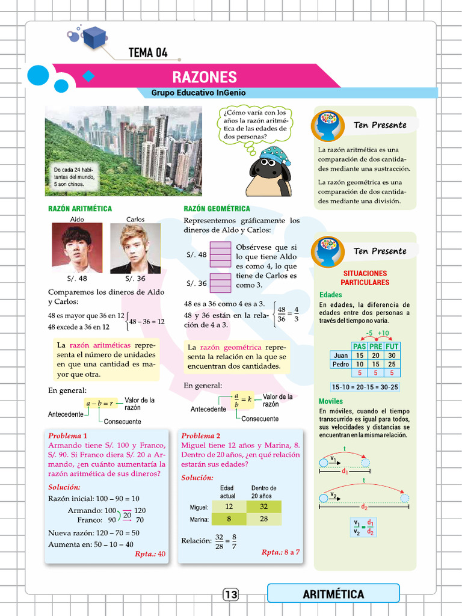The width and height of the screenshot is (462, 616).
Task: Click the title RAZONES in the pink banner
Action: (205, 77)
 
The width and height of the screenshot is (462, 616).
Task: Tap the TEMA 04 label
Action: (148, 53)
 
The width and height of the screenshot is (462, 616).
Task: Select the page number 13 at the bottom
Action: (231, 594)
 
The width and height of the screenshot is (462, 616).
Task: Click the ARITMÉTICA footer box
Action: (333, 594)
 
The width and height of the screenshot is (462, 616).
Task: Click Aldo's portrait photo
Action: (77, 248)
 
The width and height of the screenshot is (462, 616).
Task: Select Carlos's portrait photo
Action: (135, 248)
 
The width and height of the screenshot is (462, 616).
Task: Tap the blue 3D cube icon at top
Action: (94, 38)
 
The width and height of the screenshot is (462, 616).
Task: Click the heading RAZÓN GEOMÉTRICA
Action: (217, 209)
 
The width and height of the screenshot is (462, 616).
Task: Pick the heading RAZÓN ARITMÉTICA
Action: (80, 209)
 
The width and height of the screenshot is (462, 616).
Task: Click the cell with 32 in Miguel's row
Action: (263, 507)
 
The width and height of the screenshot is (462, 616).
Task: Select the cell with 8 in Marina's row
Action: (229, 519)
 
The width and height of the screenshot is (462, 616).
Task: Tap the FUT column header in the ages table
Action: (392, 346)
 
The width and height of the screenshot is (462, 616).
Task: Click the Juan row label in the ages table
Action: (340, 356)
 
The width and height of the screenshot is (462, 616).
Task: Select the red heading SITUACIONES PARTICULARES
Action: (365, 278)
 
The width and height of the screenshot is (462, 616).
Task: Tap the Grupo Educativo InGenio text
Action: (198, 93)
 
